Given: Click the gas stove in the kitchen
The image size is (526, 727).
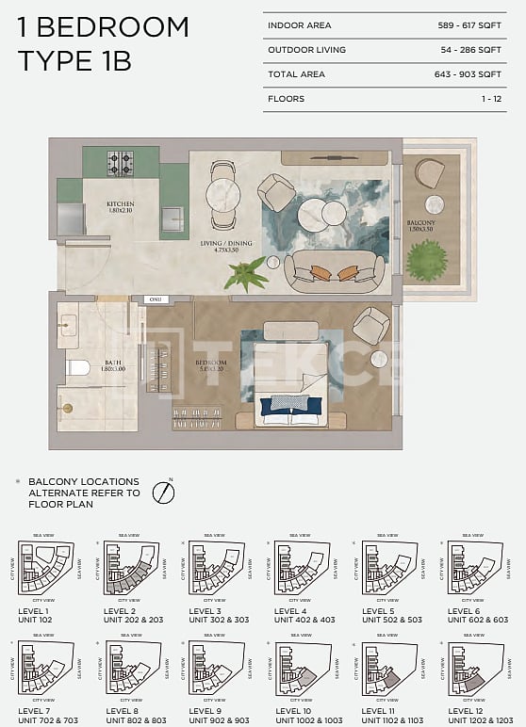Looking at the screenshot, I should click(x=120, y=164).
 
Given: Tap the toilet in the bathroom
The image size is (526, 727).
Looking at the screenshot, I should click(x=76, y=367).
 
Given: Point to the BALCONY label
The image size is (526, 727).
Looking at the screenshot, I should click(x=420, y=225).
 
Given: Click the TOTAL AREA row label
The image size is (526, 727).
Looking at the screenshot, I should click(x=296, y=74).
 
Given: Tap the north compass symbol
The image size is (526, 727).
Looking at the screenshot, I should click(x=165, y=492).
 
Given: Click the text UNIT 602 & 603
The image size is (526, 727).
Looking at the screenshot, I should click(x=477, y=621).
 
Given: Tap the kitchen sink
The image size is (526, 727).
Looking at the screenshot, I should click(x=173, y=218).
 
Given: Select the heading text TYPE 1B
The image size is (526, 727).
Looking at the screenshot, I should click(x=74, y=62).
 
